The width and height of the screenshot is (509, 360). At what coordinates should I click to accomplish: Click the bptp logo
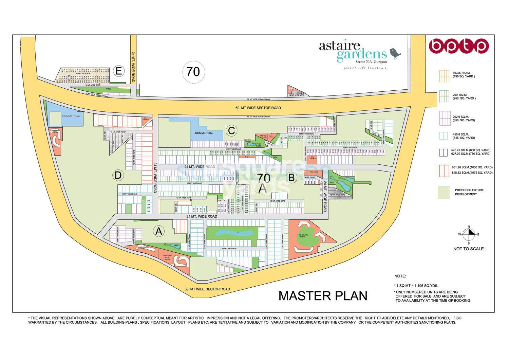458,46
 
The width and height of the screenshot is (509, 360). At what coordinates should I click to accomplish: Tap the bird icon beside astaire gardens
395,52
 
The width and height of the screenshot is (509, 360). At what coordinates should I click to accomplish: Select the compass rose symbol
469,234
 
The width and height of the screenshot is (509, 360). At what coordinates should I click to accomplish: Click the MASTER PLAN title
323,296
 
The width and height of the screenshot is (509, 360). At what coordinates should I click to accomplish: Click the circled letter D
118,175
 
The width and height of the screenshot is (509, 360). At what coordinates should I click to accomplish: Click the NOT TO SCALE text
468,249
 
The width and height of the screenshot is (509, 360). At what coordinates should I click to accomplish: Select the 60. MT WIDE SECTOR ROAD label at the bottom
207,289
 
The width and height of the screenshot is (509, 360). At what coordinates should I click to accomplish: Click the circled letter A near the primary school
158,231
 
